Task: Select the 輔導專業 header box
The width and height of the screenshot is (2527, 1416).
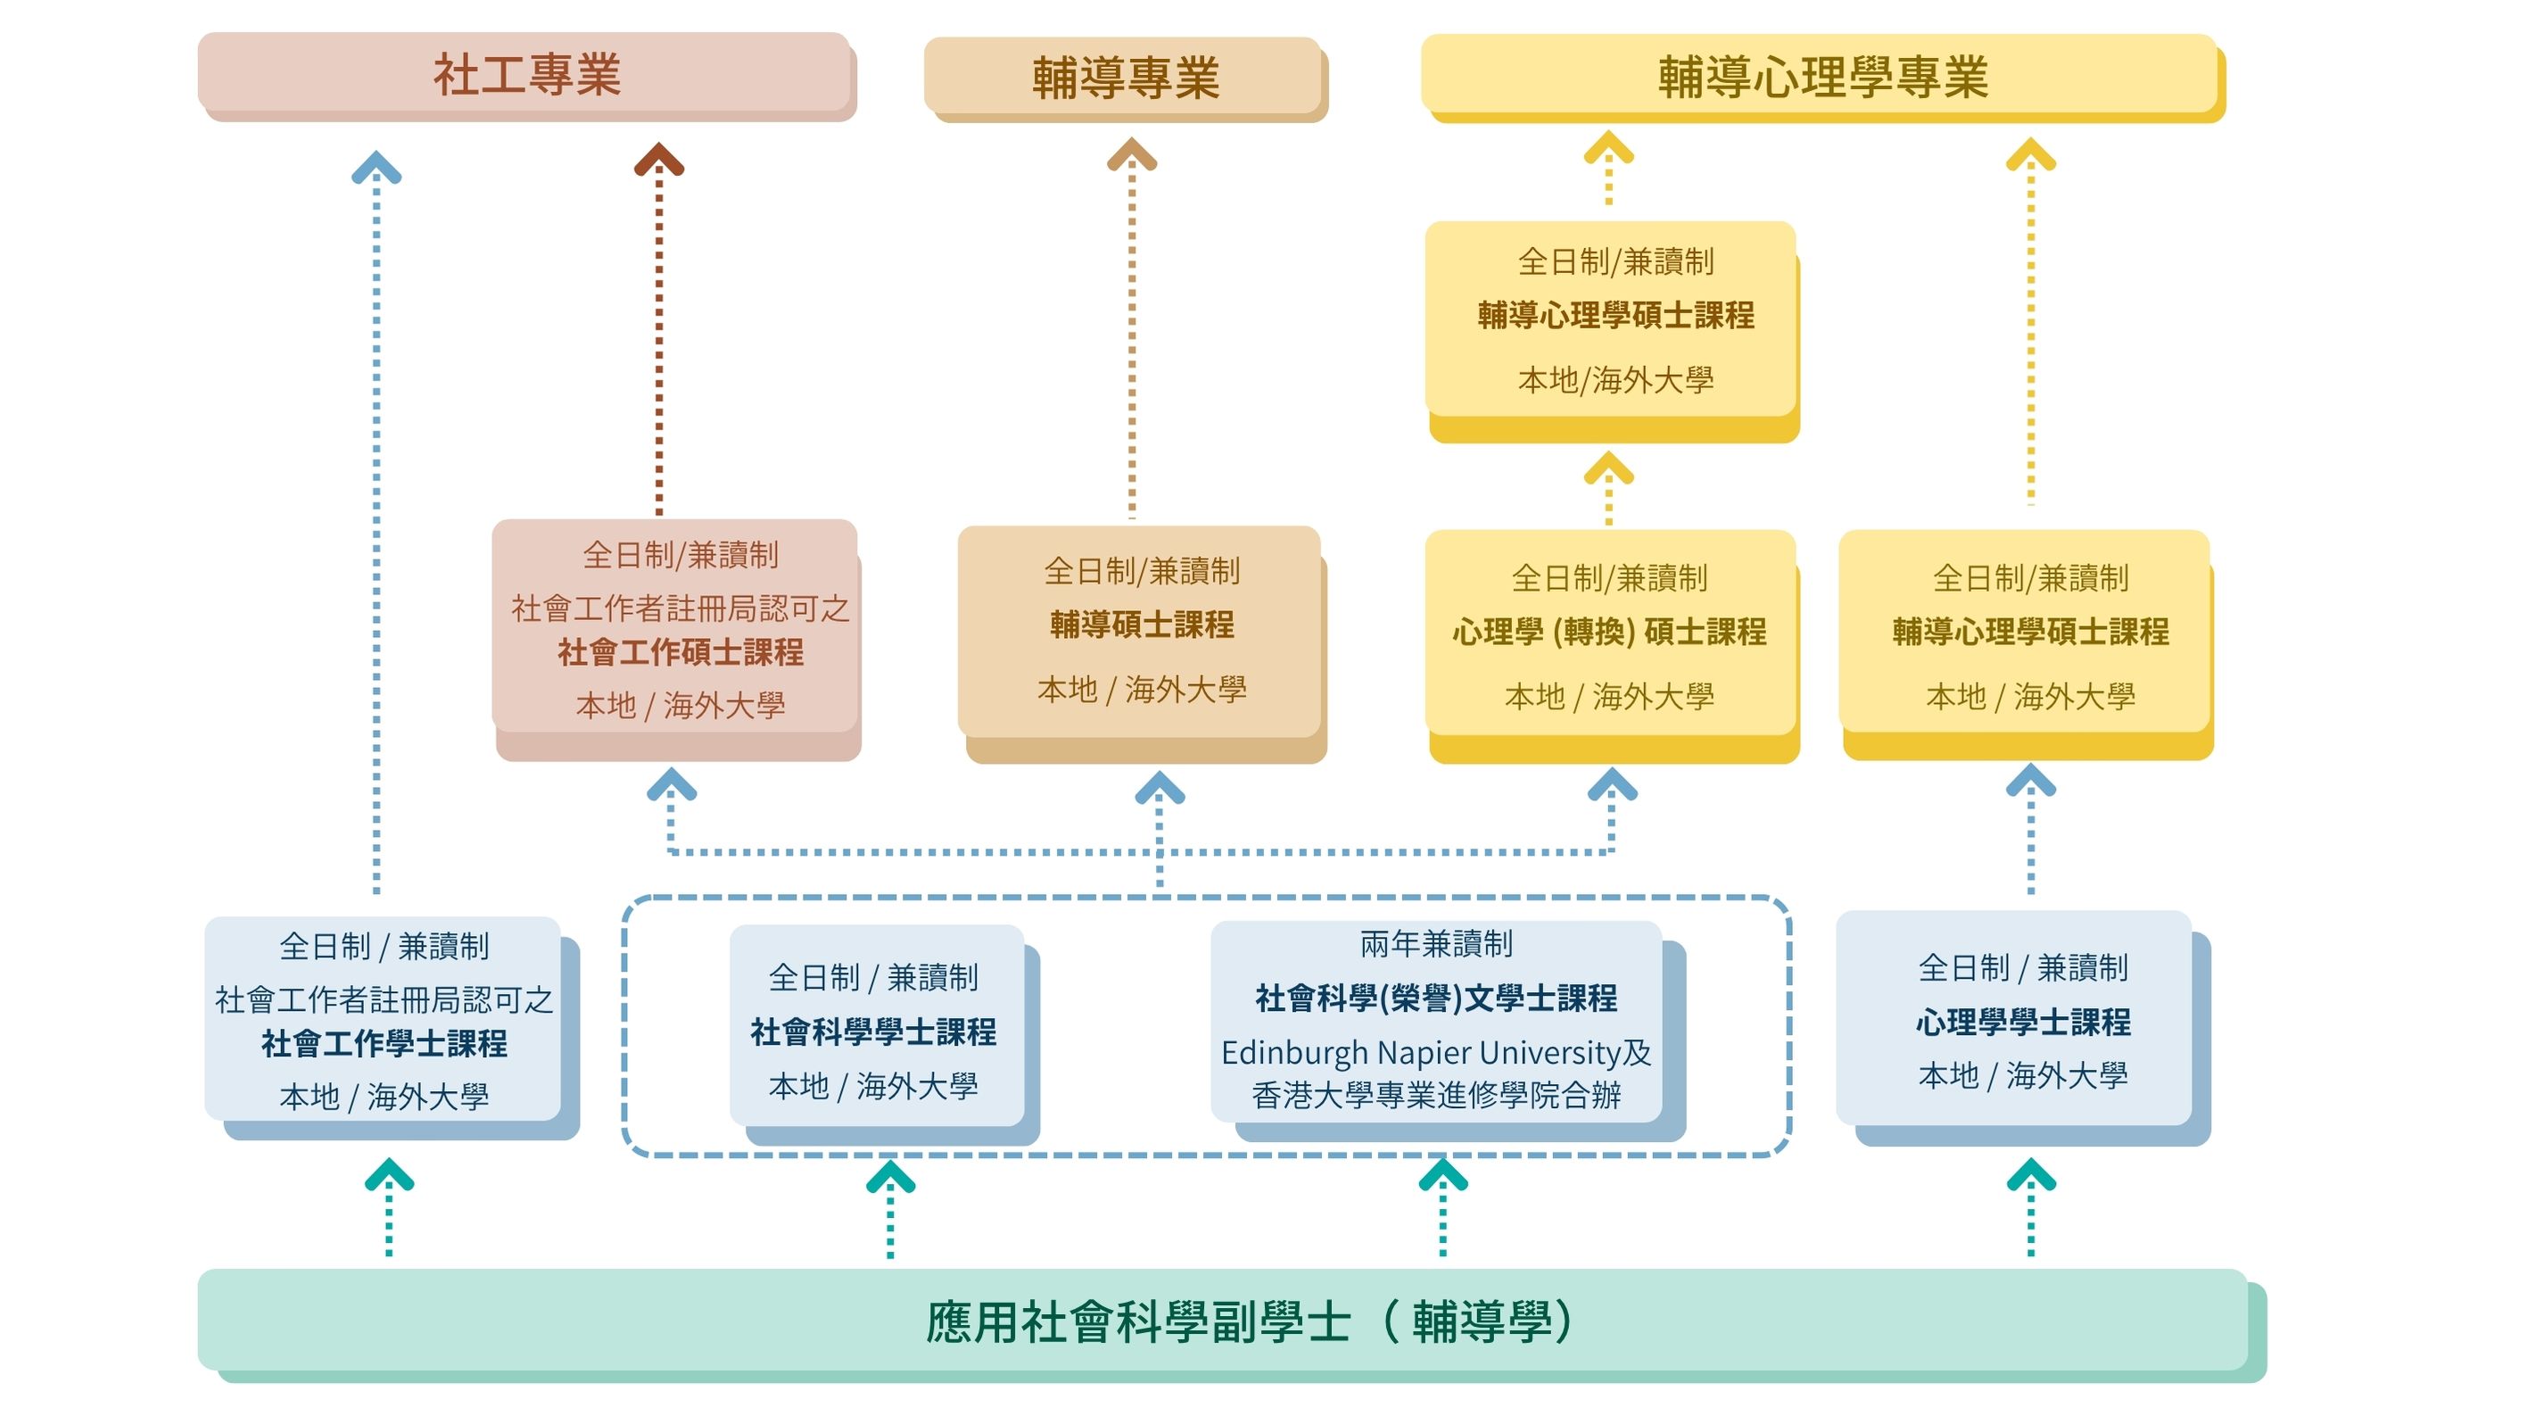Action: pyautogui.click(x=1124, y=77)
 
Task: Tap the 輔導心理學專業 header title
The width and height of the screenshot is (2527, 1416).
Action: pyautogui.click(x=1821, y=77)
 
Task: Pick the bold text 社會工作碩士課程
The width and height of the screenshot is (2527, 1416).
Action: pyautogui.click(x=680, y=651)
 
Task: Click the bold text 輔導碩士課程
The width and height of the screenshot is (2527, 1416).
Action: pyautogui.click(x=1141, y=624)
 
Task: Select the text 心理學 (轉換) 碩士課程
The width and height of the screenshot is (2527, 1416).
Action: pyautogui.click(x=1609, y=631)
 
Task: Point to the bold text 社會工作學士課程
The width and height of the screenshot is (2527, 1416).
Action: pyautogui.click(x=384, y=1043)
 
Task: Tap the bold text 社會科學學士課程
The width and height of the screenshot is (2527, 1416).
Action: pyautogui.click(x=872, y=1031)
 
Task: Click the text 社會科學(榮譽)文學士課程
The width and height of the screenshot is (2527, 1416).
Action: pyautogui.click(x=1435, y=998)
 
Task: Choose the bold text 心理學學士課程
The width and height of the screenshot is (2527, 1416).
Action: pyautogui.click(x=2022, y=1022)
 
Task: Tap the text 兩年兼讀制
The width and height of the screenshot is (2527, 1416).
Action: pyautogui.click(x=1435, y=944)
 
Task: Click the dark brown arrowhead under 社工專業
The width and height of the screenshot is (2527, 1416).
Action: pyautogui.click(x=658, y=159)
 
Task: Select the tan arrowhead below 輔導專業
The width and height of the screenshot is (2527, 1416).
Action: pyautogui.click(x=1131, y=154)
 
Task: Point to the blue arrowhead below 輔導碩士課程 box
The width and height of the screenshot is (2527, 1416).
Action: pyautogui.click(x=1160, y=787)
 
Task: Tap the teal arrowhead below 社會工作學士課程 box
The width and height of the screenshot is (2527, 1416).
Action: pyautogui.click(x=389, y=1174)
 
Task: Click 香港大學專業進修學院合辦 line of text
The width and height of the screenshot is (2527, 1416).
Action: pyautogui.click(x=1435, y=1095)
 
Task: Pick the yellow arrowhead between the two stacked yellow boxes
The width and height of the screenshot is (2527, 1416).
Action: pyautogui.click(x=1608, y=468)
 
